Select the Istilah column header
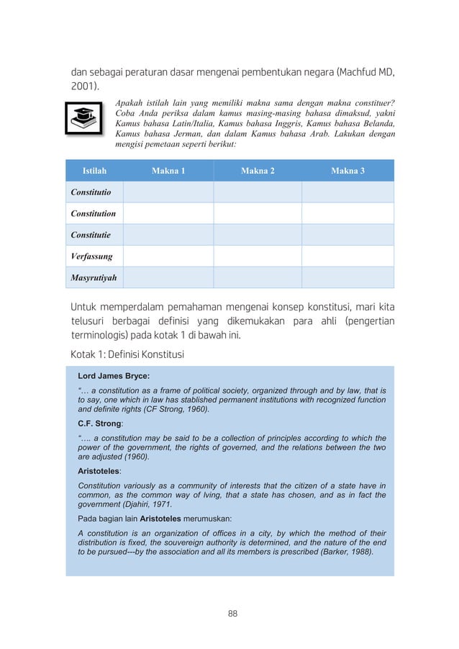coord(94,171)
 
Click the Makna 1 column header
coord(168,171)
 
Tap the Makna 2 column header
coord(258,171)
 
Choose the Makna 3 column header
coord(347,171)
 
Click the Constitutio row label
coord(91,192)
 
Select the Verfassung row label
coord(91,256)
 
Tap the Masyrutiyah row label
coord(94,277)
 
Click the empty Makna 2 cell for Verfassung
coord(258,256)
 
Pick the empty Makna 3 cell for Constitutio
coord(347,192)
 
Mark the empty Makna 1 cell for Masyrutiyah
coord(168,277)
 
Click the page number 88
coord(232,614)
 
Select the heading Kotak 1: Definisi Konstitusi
coord(127,355)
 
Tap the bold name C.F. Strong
coord(100,424)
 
